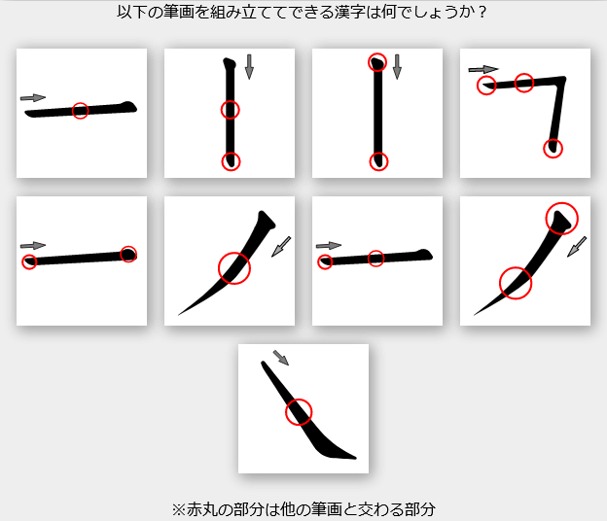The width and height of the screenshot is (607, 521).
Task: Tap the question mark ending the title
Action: coord(482,13)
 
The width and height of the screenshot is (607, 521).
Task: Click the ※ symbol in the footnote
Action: coord(179,509)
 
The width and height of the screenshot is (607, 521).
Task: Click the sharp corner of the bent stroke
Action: coord(563,80)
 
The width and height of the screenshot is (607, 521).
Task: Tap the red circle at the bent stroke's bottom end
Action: coord(553,149)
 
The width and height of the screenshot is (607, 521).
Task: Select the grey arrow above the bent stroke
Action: coord(483,69)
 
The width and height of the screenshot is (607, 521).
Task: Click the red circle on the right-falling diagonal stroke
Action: coord(299,412)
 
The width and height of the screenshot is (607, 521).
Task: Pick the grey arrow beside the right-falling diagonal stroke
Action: coord(281,358)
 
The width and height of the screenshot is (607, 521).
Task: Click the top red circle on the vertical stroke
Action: coord(377,62)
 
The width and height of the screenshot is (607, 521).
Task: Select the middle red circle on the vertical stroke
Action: coord(231,110)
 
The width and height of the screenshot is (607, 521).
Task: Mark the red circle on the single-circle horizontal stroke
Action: coord(80,111)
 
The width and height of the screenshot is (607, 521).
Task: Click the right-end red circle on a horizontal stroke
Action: coord(128,254)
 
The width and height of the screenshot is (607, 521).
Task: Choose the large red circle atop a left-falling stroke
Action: coord(561,218)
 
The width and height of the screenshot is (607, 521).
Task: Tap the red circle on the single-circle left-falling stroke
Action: coord(234,268)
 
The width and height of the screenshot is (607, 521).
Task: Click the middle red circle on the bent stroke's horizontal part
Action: coord(523,83)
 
